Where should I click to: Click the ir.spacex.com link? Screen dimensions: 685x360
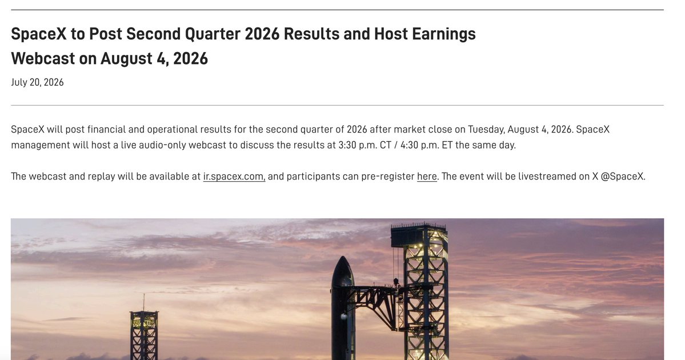pos(234,177)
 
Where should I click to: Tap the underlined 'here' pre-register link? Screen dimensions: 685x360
pos(427,177)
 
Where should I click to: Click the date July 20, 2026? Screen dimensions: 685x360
pos(37,83)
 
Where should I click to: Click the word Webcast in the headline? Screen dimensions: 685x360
pos(43,58)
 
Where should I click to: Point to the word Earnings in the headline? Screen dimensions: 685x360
pos(443,34)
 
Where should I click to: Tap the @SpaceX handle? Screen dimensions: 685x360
pos(623,177)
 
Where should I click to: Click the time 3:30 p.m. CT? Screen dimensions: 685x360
pos(364,145)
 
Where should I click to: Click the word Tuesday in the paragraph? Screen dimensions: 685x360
pos(486,130)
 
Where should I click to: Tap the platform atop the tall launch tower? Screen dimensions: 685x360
pos(419,235)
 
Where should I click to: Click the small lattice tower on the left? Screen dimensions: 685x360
pos(144,335)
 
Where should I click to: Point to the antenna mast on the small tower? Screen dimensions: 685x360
pos(144,302)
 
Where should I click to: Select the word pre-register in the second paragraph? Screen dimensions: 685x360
pos(387,177)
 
